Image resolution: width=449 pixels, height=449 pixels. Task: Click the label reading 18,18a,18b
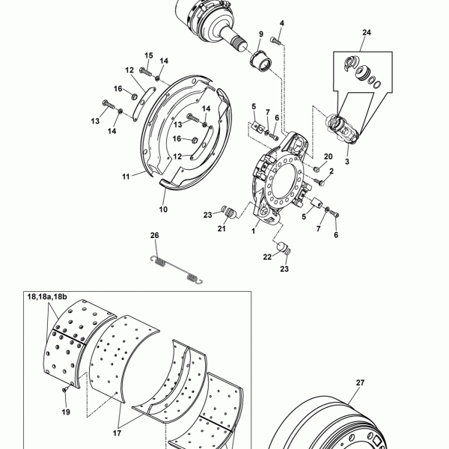pos(46,297)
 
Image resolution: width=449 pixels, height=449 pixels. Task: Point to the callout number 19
pos(65,412)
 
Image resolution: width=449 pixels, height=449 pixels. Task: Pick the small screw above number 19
pos(64,391)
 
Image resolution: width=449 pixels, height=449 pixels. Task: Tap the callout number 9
pos(261,35)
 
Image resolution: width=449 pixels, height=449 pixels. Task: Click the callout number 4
pos(282,25)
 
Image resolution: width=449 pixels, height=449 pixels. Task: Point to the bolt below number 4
pos(275,40)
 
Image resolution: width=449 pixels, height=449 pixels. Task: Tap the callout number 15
pos(148,56)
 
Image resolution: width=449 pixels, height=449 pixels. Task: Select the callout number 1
pos(253,232)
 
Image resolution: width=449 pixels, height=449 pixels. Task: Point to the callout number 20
pos(327,156)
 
